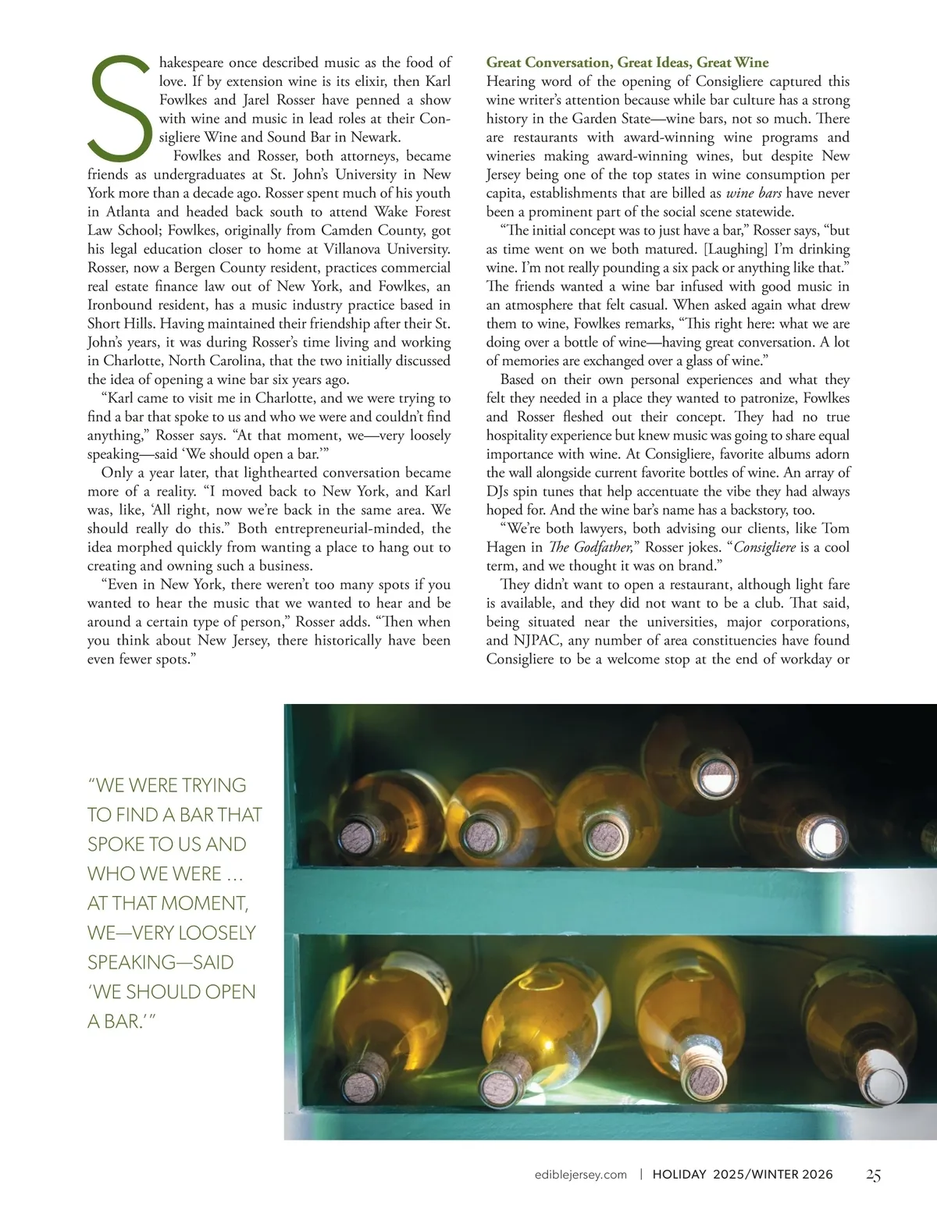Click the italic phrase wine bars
(x=754, y=193)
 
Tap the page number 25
(x=873, y=1175)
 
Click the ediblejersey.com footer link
(x=581, y=1175)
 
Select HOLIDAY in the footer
(x=679, y=1175)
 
